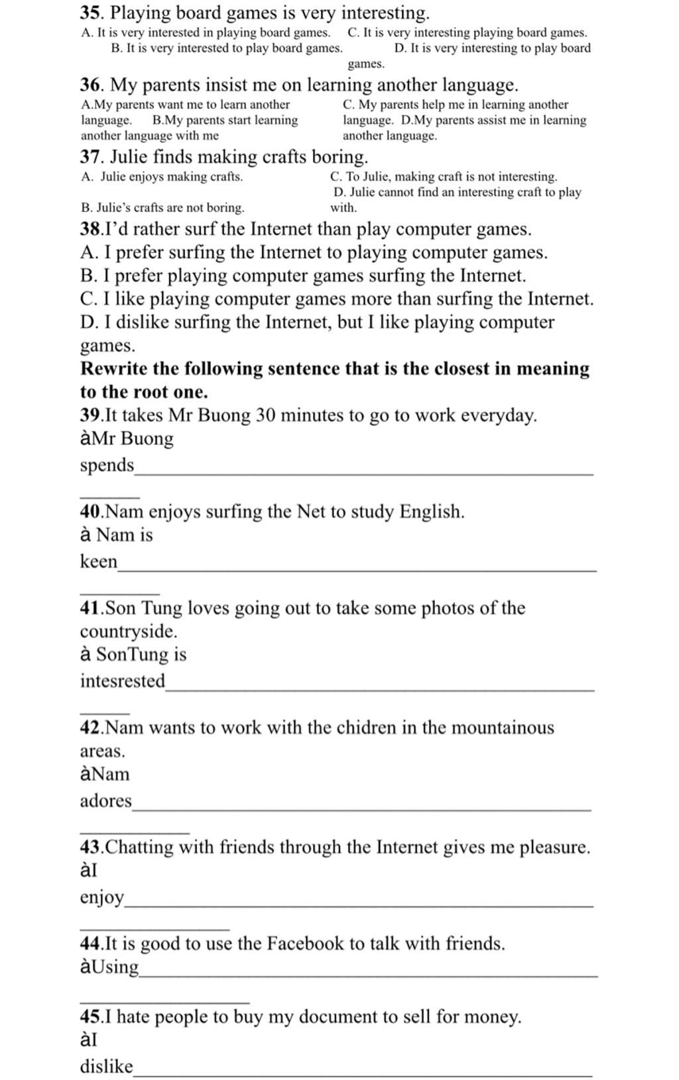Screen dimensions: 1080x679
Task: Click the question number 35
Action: [x=91, y=13]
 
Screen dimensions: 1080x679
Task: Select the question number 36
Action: [x=91, y=85]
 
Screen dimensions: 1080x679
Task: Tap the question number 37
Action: [x=91, y=157]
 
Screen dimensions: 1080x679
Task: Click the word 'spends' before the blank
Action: [x=107, y=466]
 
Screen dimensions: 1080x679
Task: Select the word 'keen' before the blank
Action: [x=98, y=561]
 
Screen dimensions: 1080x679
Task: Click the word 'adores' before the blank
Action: [x=105, y=800]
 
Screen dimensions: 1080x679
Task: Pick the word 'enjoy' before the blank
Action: [x=101, y=898]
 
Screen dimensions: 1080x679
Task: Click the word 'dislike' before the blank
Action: [x=106, y=1066]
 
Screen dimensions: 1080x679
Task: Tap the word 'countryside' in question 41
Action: [x=127, y=631]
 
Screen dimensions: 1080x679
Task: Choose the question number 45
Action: [x=90, y=1016]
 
